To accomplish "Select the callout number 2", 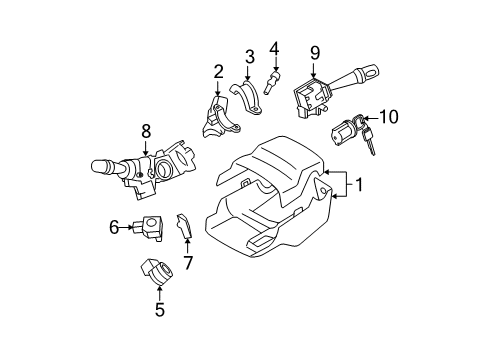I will point(217,71).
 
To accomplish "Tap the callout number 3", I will point(250,55).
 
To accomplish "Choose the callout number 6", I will point(115,227).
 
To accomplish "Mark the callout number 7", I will point(186,263).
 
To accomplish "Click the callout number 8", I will point(146,129).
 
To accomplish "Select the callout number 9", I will point(314,52).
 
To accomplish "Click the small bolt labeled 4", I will point(272,81).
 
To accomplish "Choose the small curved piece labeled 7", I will point(184,231).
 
